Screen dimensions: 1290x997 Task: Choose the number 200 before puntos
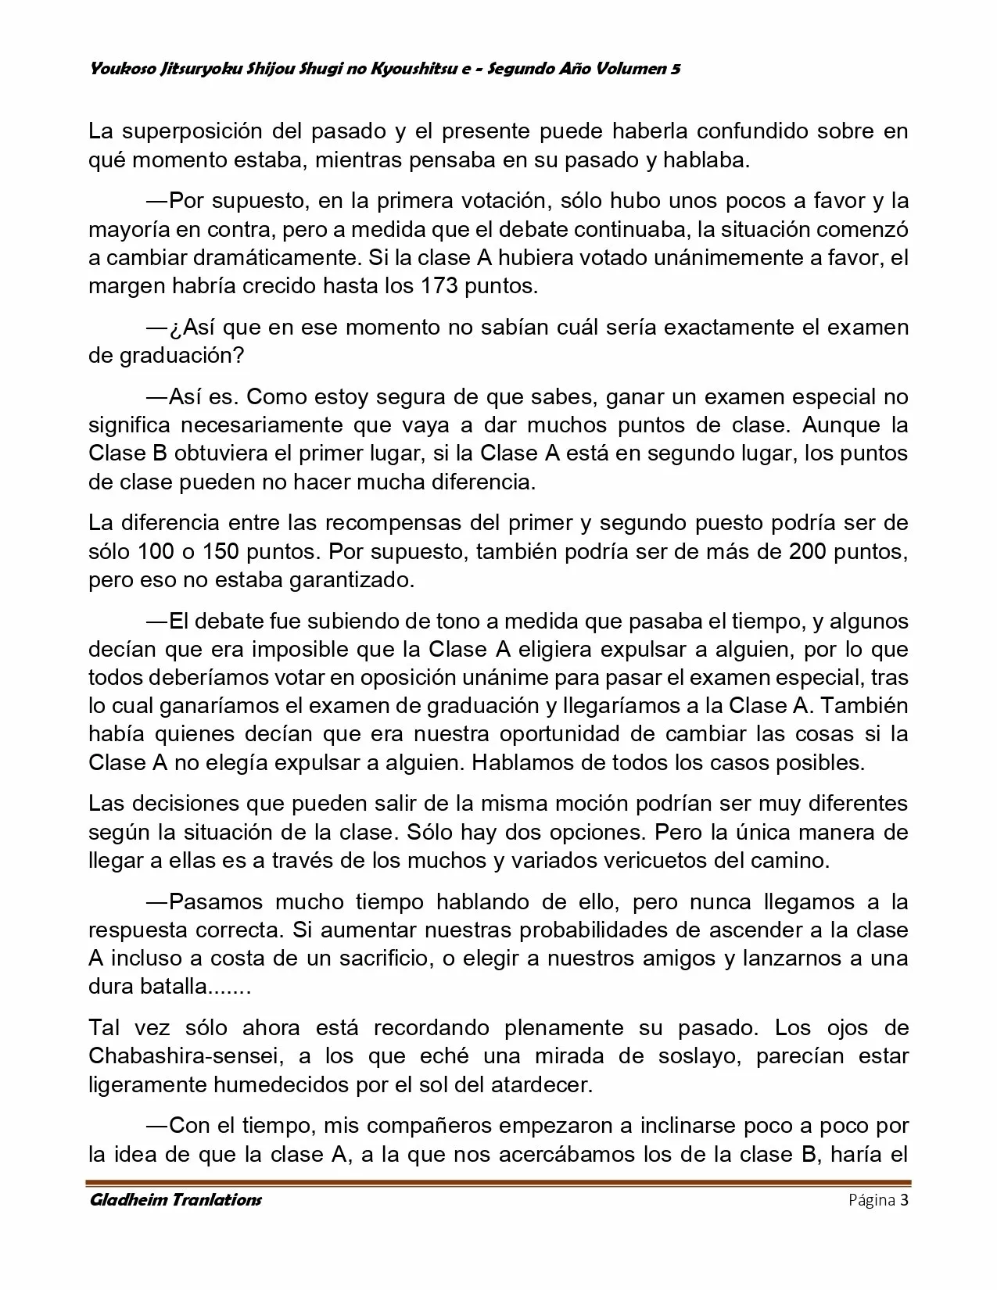coord(811,552)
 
